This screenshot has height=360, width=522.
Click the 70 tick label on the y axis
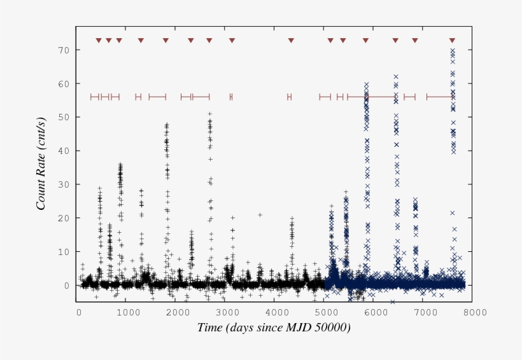[64, 50]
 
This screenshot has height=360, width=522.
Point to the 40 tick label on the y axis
[64, 151]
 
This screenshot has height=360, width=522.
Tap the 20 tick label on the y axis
[64, 218]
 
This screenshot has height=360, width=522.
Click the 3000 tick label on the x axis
[227, 312]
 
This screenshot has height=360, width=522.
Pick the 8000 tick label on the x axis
[475, 312]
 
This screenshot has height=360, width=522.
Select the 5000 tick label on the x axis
[326, 312]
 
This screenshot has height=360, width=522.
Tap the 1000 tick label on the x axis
[128, 312]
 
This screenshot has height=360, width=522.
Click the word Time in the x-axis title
[209, 328]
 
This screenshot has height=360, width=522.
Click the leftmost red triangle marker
[99, 41]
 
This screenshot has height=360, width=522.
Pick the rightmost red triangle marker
[452, 41]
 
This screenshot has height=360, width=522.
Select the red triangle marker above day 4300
[291, 41]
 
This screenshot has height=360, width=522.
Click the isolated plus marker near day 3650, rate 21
[260, 215]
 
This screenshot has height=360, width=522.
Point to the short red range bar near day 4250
[289, 97]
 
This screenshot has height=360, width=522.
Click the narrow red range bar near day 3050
[231, 97]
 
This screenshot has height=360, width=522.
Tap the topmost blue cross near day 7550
[452, 50]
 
